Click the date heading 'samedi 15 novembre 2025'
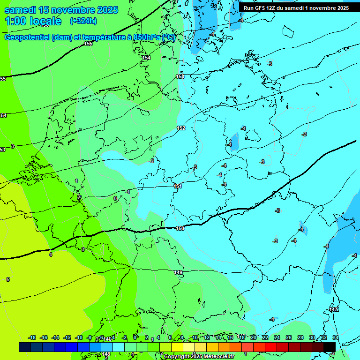click(x=61, y=10)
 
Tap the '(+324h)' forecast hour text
click(x=83, y=21)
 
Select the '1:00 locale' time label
click(x=33, y=21)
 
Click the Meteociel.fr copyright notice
click(x=199, y=357)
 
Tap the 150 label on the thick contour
click(x=180, y=228)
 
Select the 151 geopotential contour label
click(x=178, y=186)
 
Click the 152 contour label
click(x=181, y=128)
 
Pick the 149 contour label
click(x=178, y=272)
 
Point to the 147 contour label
click(x=333, y=309)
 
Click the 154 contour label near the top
click(x=147, y=58)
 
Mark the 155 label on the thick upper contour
click(x=88, y=44)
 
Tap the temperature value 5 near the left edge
click(x=7, y=279)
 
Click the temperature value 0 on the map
click(x=115, y=198)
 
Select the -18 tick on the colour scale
click(x=32, y=337)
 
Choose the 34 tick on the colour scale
click(x=335, y=337)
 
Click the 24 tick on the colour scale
click(x=277, y=337)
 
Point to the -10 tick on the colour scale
click(x=79, y=337)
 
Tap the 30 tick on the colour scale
click(x=312, y=337)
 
